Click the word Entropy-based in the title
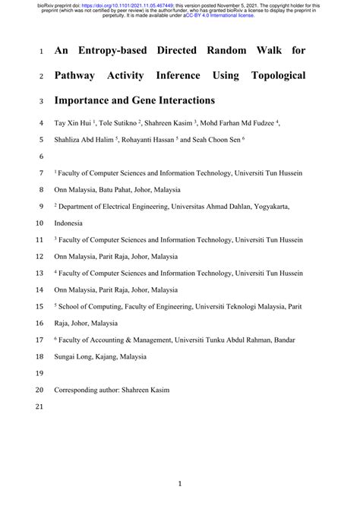coord(114,52)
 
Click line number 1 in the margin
coord(40,52)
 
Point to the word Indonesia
coord(72,223)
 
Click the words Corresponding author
coord(90,390)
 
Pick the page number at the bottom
coord(180,482)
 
